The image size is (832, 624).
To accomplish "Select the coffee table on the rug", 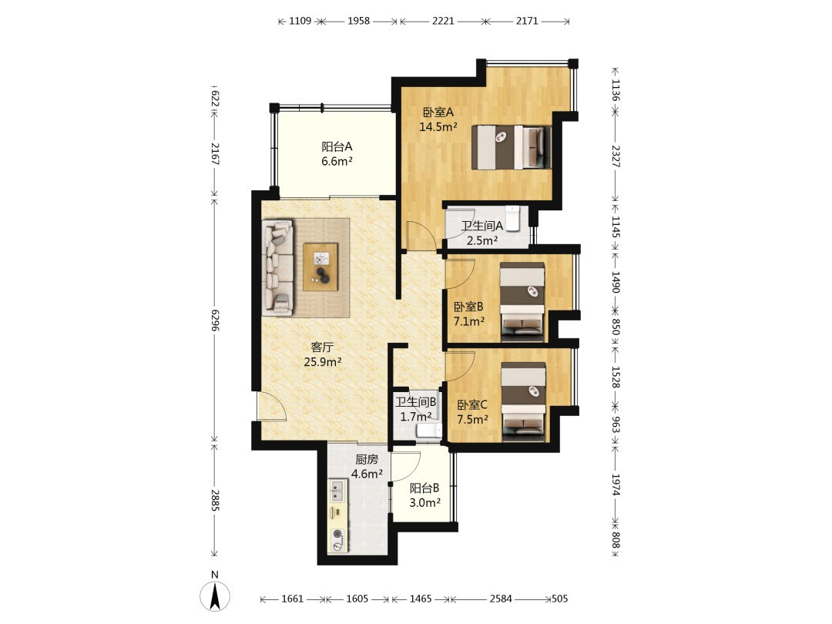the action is pos(320,267).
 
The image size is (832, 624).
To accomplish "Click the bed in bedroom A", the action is pos(512,147).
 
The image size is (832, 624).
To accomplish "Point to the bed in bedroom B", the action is pos(522,301).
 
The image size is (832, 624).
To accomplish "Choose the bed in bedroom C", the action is pos(523,401).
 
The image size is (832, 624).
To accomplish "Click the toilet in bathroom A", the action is pos(512,219).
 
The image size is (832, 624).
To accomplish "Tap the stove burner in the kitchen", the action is pos(337,539).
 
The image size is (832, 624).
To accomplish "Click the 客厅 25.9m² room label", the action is pos(322,354).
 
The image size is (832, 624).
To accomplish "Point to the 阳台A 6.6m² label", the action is pos(337,154).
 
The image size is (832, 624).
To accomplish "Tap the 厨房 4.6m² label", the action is pos(367,466).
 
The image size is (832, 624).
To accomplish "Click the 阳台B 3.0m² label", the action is pos(424,495).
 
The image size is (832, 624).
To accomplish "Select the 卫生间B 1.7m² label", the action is pos(415,409).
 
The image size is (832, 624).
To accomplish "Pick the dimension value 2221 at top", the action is pos(443,21).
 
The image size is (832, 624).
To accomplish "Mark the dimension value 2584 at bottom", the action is pos(501,599).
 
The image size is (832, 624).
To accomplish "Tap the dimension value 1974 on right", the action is pos(616,485).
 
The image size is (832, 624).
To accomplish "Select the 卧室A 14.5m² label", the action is pos(438,119).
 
